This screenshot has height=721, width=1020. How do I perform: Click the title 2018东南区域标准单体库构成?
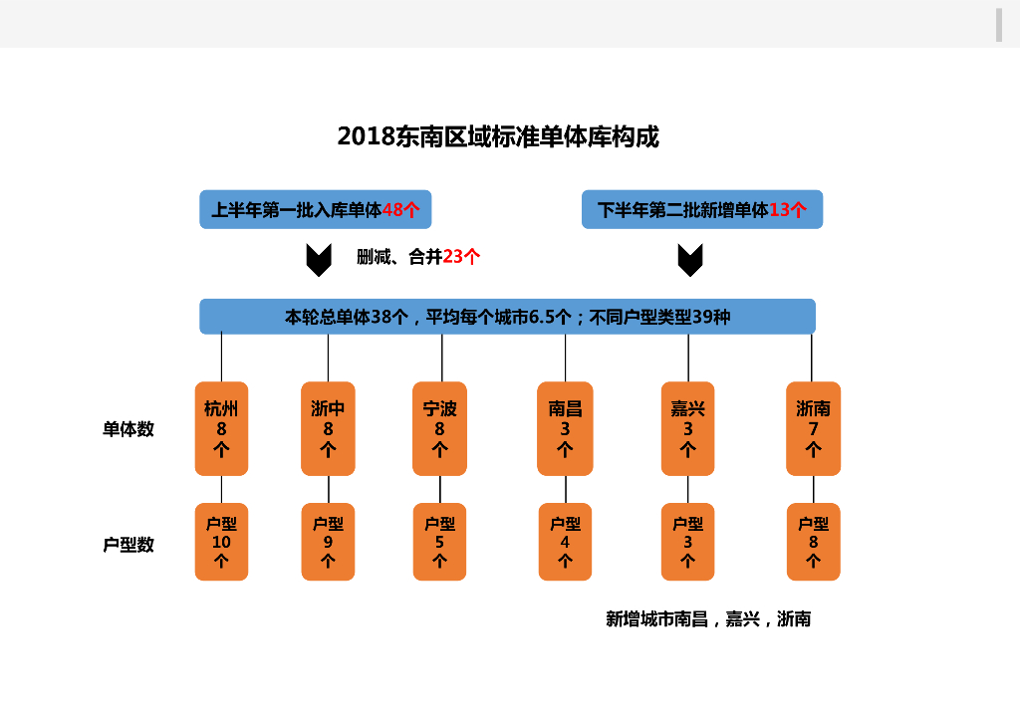coord(498,136)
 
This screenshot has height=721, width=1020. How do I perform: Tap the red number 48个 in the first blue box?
coord(400,210)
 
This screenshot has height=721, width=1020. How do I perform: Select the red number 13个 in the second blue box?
coord(788,210)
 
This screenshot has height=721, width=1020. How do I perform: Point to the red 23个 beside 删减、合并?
coord(461,257)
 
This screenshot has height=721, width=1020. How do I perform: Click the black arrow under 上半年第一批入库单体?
coord(318,260)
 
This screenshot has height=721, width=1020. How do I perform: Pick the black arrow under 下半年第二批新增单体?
coord(689,260)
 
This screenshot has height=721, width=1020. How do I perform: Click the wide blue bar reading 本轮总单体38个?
coord(507,317)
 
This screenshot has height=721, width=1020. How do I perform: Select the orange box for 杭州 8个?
coord(221,428)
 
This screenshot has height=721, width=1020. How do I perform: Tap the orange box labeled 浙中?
coord(328,428)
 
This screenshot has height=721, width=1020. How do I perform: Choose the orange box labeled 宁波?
coord(440,428)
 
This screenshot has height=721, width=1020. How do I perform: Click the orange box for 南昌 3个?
coord(565,428)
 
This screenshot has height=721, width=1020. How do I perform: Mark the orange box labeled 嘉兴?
coord(687,428)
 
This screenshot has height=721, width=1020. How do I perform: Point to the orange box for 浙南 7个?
coord(813,428)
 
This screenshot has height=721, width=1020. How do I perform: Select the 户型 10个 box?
coord(221,542)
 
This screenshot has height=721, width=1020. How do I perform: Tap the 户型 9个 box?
coord(328,542)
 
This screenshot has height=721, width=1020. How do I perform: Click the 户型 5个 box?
coord(440,542)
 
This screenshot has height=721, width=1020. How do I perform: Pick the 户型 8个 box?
coord(813,542)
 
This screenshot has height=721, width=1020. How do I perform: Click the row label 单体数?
coord(128,429)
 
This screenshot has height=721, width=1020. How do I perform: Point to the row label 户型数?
coord(128,545)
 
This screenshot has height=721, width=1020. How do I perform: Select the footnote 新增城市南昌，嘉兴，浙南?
coord(708,618)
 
